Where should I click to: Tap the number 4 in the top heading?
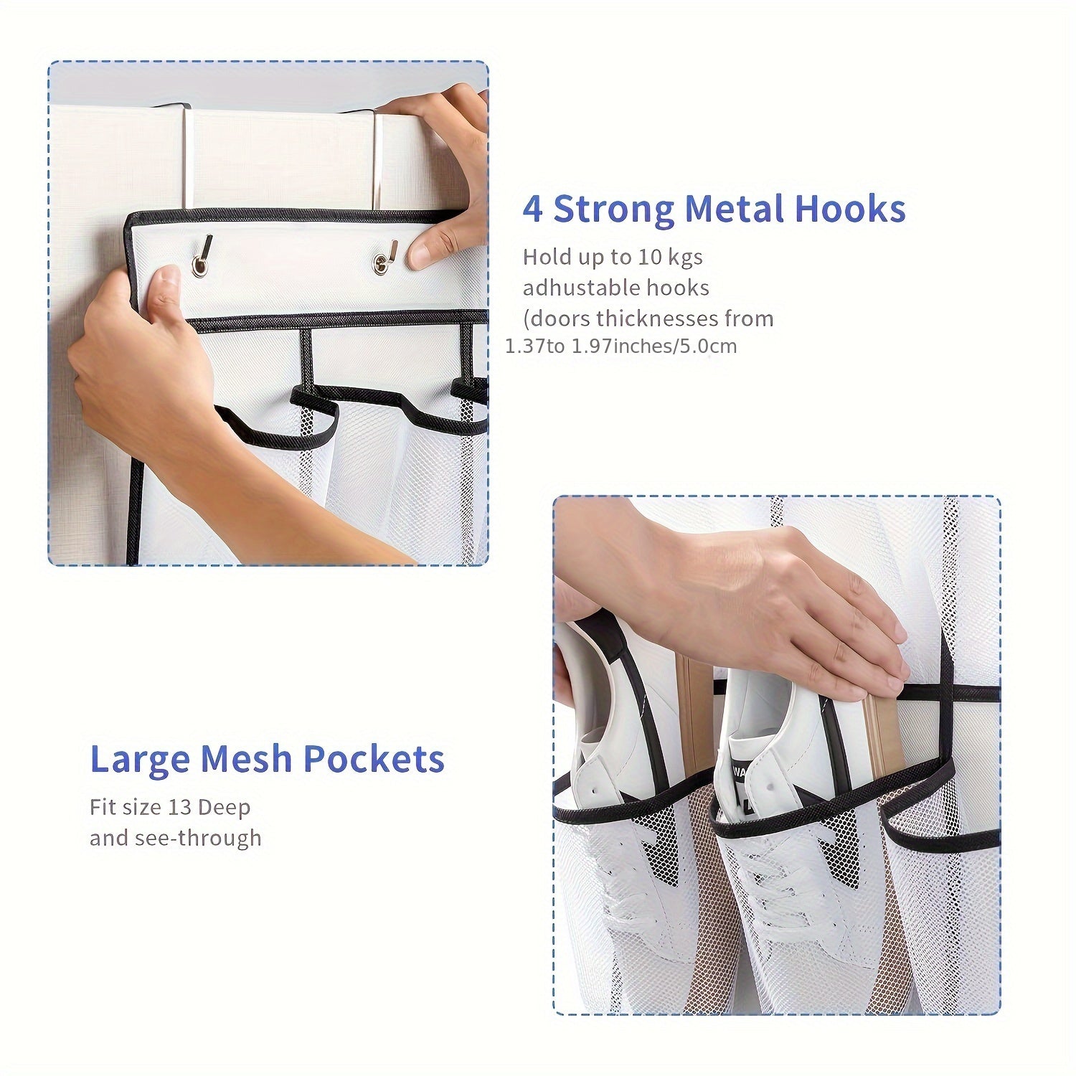point(532,209)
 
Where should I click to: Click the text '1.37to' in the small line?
point(535,346)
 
